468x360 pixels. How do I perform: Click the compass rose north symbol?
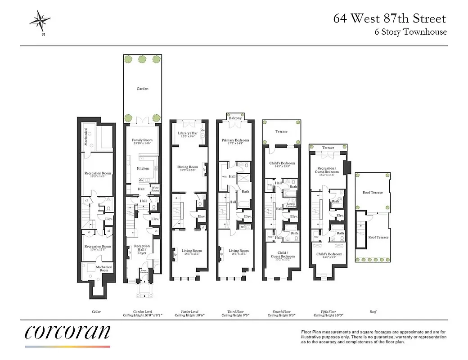(40, 21)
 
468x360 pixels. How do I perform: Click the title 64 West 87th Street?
(389, 18)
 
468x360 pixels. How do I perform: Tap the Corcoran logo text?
(67, 332)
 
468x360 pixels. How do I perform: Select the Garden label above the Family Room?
(143, 89)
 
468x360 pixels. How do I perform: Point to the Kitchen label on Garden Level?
(143, 168)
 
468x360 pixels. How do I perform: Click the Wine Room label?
(155, 188)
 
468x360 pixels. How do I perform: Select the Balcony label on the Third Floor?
(235, 118)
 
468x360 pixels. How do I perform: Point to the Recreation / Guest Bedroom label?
(328, 170)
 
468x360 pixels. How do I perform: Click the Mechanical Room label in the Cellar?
(104, 269)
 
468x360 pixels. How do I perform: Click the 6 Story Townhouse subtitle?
(411, 32)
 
